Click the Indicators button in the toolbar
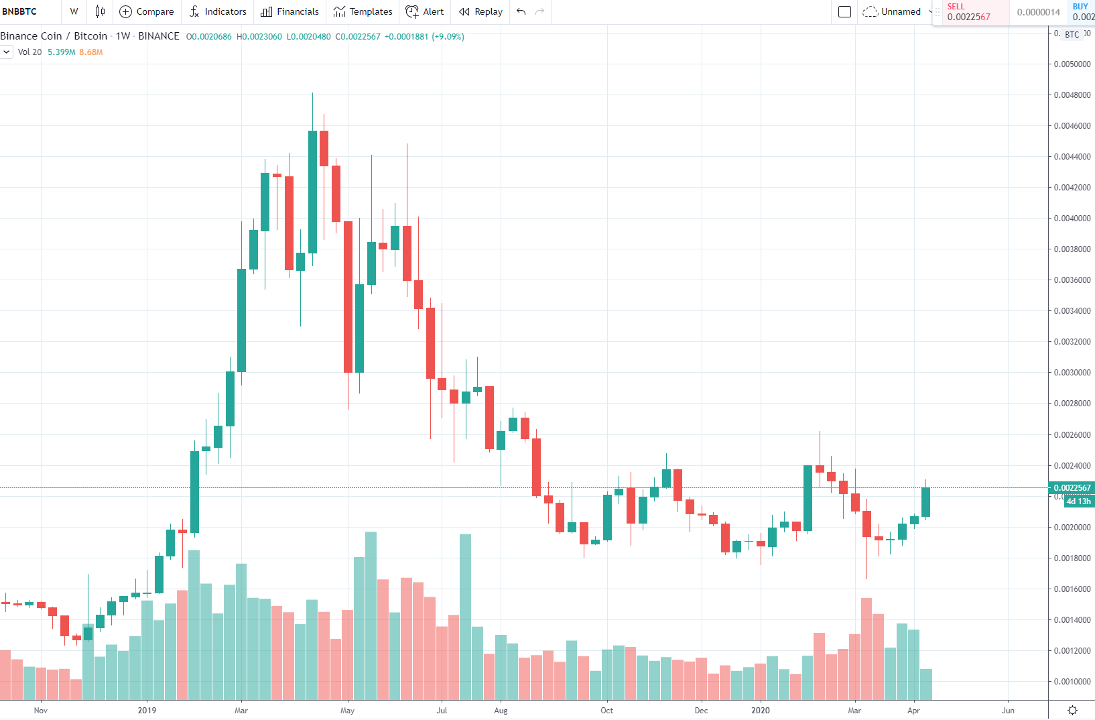(x=218, y=11)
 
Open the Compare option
(x=147, y=11)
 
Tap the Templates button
(x=363, y=11)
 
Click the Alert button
(x=425, y=11)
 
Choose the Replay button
(x=480, y=11)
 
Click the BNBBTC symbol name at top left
(x=20, y=11)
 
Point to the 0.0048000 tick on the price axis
(x=1072, y=95)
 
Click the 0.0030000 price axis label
(x=1072, y=373)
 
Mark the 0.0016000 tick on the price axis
(x=1072, y=589)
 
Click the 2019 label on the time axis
(x=147, y=711)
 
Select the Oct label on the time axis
(x=606, y=711)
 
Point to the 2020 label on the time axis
(x=761, y=711)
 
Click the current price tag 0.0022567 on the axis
(x=1072, y=488)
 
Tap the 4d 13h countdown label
(x=1078, y=501)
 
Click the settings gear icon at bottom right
(x=1072, y=711)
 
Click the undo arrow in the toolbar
(x=521, y=11)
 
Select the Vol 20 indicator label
(x=29, y=52)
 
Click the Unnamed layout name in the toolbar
(x=901, y=11)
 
